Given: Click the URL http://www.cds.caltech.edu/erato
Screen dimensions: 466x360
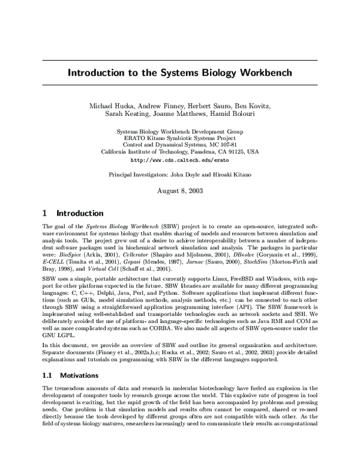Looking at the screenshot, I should (x=180, y=160).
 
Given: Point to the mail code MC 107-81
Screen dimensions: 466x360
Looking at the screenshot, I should (x=223, y=145).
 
